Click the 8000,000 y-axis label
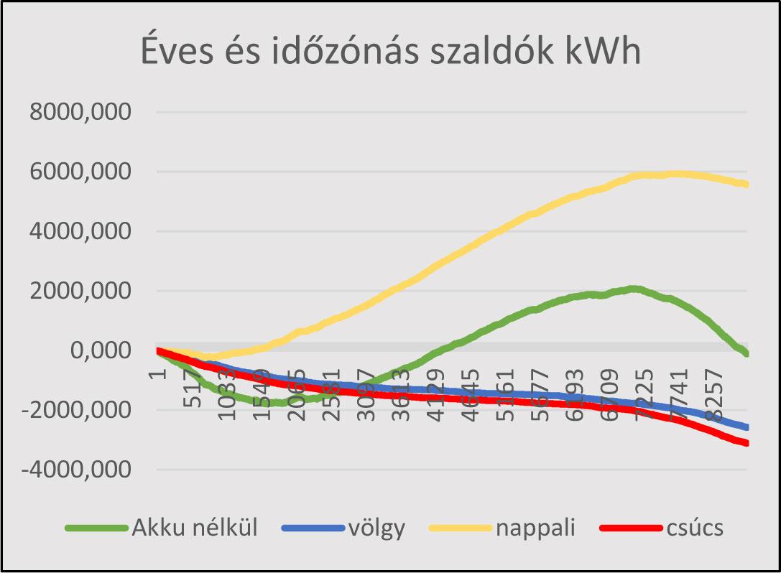pos(80,113)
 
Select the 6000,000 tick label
pos(80,172)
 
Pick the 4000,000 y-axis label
pos(80,232)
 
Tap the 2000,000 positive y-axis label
pos(80,292)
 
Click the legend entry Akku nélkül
pos(194,528)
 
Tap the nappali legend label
pos(535,528)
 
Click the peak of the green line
pos(632,289)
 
